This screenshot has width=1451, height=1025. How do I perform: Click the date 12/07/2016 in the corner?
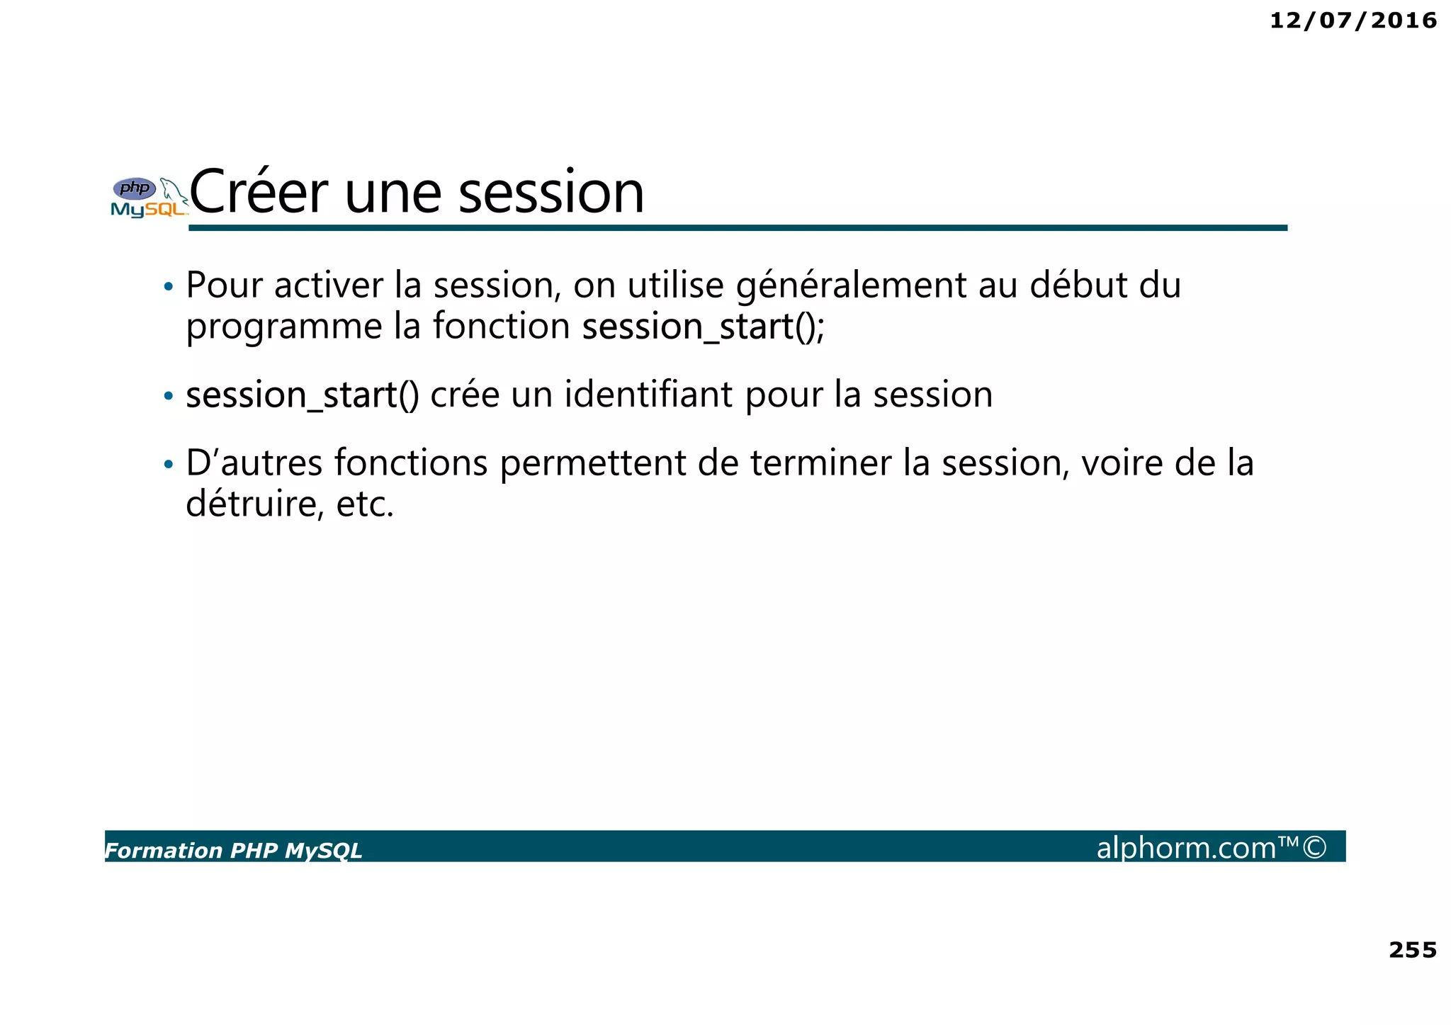(1353, 21)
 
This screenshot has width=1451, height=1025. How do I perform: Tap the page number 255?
(1412, 950)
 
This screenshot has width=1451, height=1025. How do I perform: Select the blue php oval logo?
(135, 188)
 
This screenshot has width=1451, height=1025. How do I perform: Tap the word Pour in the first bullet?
(225, 285)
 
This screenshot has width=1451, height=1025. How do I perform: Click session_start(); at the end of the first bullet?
(704, 327)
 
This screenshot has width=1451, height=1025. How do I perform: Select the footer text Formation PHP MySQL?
(234, 850)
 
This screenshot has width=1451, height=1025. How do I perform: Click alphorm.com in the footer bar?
(1186, 848)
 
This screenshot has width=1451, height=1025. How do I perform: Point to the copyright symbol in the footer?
(1314, 847)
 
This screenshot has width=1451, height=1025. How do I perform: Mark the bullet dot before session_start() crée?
(168, 395)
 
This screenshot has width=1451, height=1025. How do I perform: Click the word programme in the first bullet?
(283, 327)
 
